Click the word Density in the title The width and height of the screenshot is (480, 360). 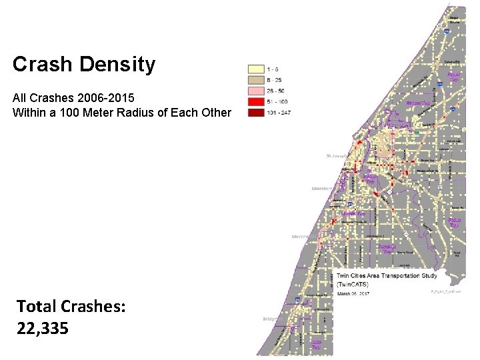point(117,65)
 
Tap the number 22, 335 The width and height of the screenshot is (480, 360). point(43,328)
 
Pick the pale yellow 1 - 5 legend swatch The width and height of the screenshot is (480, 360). point(256,68)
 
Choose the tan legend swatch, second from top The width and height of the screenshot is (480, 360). point(256,79)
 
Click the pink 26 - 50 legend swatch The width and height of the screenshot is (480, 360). point(256,91)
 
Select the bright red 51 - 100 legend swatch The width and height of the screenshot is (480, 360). point(256,102)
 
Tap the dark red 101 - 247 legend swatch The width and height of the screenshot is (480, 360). point(256,113)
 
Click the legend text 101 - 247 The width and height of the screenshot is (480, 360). point(279,113)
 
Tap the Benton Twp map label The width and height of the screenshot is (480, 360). point(417,103)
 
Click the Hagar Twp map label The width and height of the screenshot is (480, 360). point(453,77)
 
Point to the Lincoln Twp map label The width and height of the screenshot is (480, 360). point(353,214)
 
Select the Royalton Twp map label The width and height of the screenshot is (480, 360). point(388,248)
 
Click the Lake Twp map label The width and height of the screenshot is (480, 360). point(317,345)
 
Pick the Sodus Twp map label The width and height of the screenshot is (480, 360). point(454,223)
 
